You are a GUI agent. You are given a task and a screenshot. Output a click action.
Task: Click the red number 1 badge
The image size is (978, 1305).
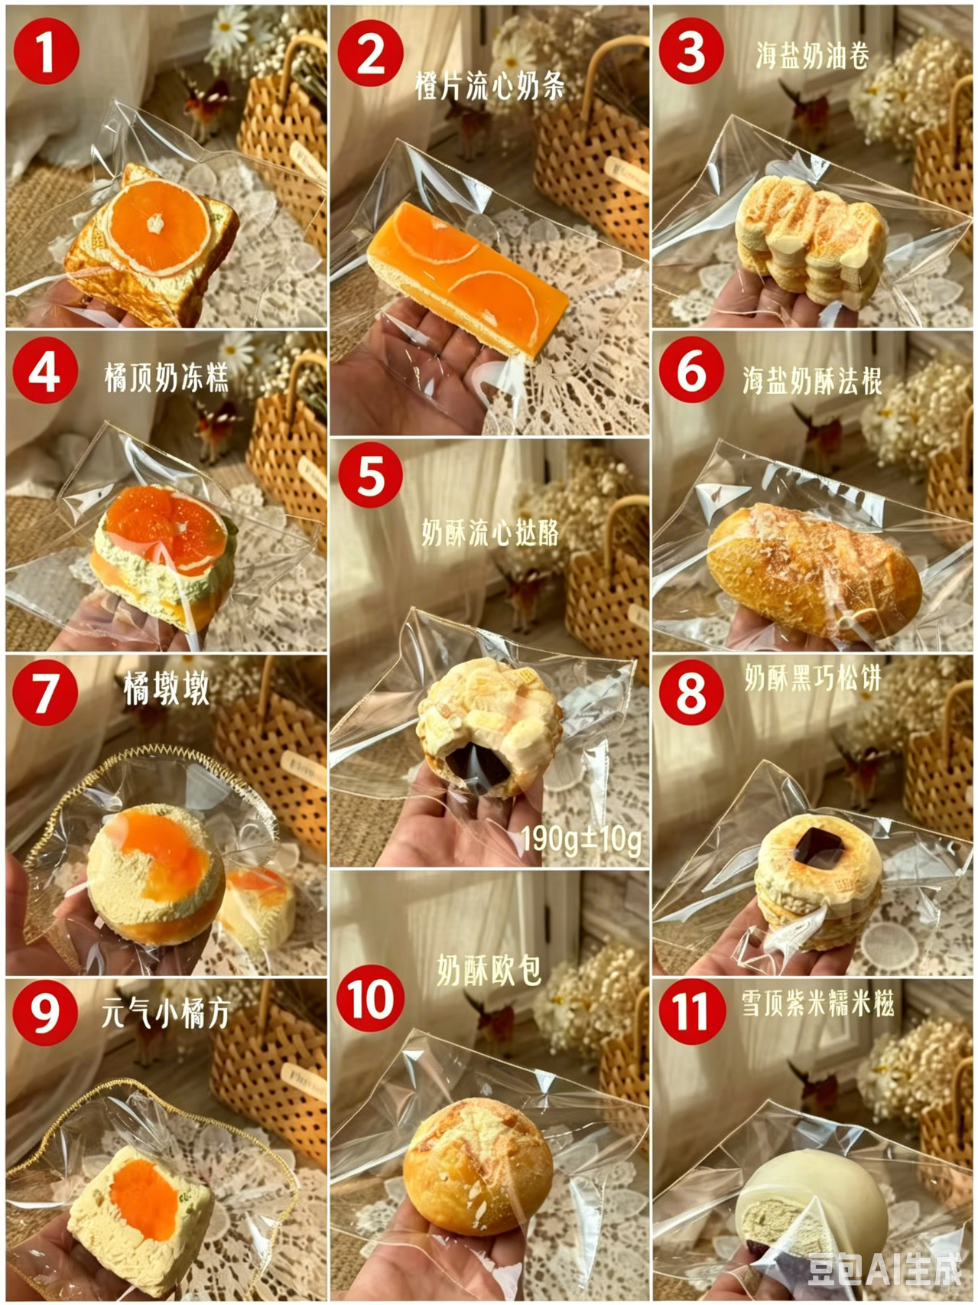pos(46,50)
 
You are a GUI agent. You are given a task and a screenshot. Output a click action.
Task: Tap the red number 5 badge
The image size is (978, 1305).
pos(371,475)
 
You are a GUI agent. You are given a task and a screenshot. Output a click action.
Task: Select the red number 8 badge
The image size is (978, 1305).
pos(691,692)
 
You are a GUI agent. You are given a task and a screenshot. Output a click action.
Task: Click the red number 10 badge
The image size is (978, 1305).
pos(371,997)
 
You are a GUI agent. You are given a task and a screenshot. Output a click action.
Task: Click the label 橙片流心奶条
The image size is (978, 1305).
pos(489,86)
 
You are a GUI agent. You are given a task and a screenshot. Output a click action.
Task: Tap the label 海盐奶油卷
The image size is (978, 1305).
pos(812,55)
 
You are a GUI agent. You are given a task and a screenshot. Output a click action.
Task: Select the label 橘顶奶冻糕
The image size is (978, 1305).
pos(167,378)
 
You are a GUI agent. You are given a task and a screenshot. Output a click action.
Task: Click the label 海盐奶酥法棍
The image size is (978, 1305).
pos(812,380)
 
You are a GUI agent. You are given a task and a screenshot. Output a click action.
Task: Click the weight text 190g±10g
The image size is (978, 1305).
pos(581,840)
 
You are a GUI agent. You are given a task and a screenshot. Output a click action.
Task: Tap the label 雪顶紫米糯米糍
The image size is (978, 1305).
pos(817,1003)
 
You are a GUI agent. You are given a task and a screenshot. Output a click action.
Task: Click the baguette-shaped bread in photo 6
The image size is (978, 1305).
pos(814,570)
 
